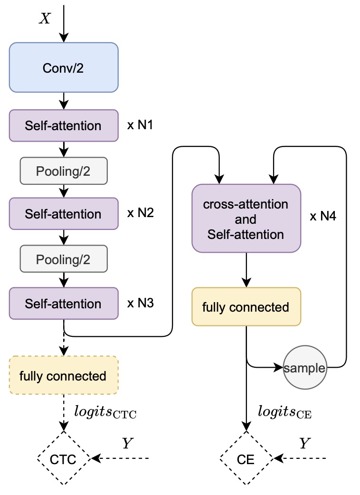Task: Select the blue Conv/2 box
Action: point(63,67)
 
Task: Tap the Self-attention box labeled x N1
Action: point(63,125)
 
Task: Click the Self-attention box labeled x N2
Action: point(63,214)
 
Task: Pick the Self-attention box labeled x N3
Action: point(63,303)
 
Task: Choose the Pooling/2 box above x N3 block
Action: point(64,259)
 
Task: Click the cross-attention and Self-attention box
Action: point(246,219)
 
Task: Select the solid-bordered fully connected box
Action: point(246,307)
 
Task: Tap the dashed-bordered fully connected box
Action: point(63,376)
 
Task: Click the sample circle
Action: point(305,368)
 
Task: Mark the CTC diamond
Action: point(64,458)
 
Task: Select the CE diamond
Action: point(246,459)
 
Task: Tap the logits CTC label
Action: point(105,411)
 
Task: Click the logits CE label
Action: point(284,411)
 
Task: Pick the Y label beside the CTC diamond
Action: point(127,443)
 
